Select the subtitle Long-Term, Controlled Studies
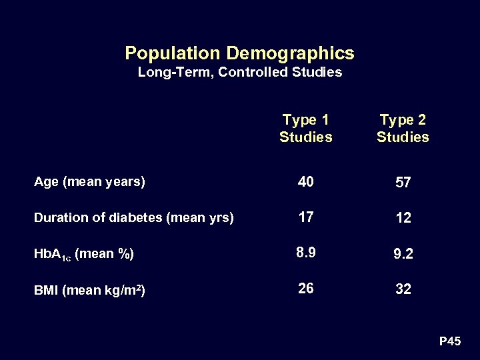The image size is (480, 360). pos(239,72)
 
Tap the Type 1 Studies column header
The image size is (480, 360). pos(305,129)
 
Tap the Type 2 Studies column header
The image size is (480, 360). pos(403,129)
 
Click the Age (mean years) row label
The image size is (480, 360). pos(89,181)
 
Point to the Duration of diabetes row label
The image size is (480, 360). pos(133,217)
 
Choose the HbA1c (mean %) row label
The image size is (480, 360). pos(84,254)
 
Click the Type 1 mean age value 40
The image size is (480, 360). pos(306,181)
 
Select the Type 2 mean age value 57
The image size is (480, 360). pos(403,183)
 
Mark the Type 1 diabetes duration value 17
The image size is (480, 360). pos(306,216)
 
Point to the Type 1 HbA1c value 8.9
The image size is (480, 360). pos(306,252)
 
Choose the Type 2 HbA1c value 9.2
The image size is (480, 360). pos(403,255)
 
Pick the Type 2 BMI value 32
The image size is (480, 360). pos(403,290)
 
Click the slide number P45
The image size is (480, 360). pos(450,342)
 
